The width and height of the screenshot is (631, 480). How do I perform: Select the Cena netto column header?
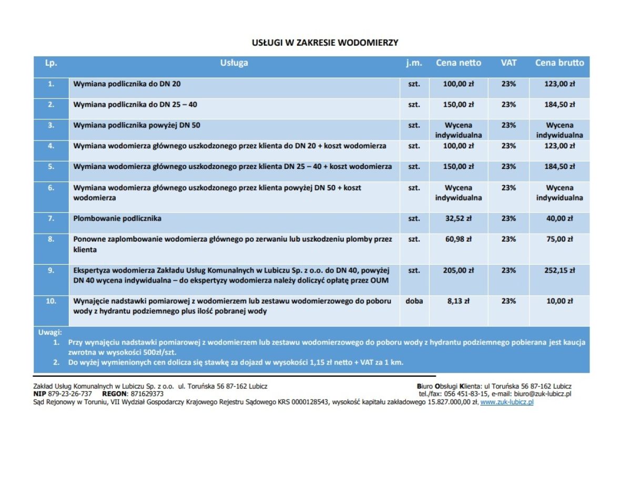pyautogui.click(x=458, y=63)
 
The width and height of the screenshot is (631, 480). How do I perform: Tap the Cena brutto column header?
pyautogui.click(x=559, y=63)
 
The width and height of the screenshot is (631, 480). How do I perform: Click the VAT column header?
pyautogui.click(x=508, y=63)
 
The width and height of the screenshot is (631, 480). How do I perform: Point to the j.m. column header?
pyautogui.click(x=414, y=63)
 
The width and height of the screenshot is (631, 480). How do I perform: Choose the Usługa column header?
pyautogui.click(x=234, y=63)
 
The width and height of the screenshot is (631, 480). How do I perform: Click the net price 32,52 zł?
pyautogui.click(x=458, y=218)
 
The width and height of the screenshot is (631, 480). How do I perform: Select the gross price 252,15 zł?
pyautogui.click(x=559, y=271)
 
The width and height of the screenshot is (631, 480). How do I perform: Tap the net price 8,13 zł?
pyautogui.click(x=458, y=302)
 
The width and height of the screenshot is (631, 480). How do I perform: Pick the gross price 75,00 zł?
pyautogui.click(x=559, y=239)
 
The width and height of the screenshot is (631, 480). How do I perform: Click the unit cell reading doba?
pyautogui.click(x=414, y=302)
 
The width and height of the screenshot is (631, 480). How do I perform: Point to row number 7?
pyautogui.click(x=51, y=218)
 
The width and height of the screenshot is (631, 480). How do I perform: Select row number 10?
pyautogui.click(x=51, y=302)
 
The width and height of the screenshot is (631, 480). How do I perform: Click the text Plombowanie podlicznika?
pyautogui.click(x=117, y=218)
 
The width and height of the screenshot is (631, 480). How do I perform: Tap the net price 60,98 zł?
pyautogui.click(x=458, y=239)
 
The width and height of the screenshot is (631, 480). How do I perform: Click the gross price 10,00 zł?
pyautogui.click(x=559, y=302)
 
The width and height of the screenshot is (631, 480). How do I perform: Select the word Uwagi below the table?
pyautogui.click(x=50, y=333)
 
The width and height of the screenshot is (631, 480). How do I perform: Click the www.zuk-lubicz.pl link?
pyautogui.click(x=507, y=402)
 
